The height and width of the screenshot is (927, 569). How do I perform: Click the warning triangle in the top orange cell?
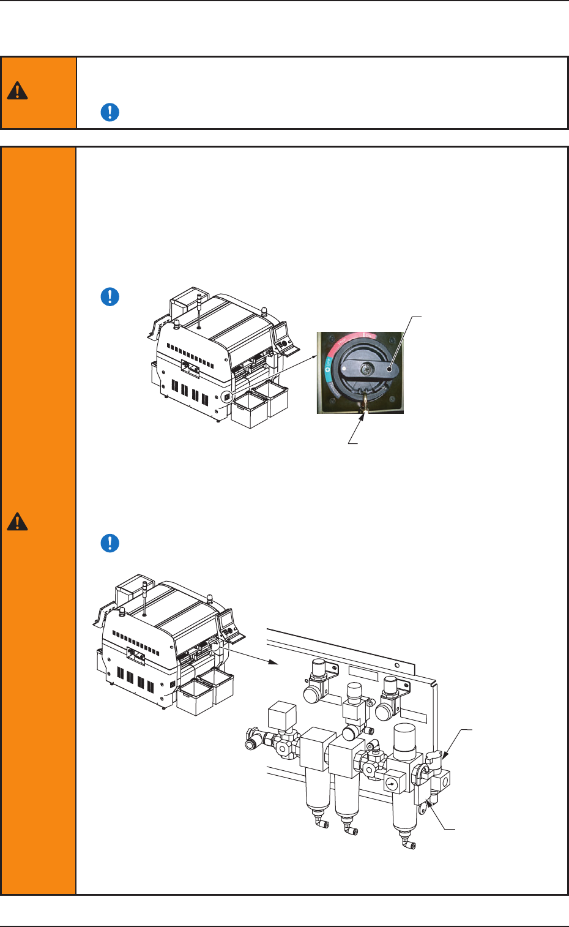coord(18,92)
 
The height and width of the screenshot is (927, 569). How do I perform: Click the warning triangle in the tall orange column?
coord(18,522)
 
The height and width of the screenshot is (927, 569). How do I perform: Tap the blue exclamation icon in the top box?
coord(110,113)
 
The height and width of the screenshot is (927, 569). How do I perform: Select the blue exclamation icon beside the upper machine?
coord(110,297)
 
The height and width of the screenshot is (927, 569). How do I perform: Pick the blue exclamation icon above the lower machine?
coord(110,543)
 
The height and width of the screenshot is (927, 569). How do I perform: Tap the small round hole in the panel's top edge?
coord(397,665)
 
